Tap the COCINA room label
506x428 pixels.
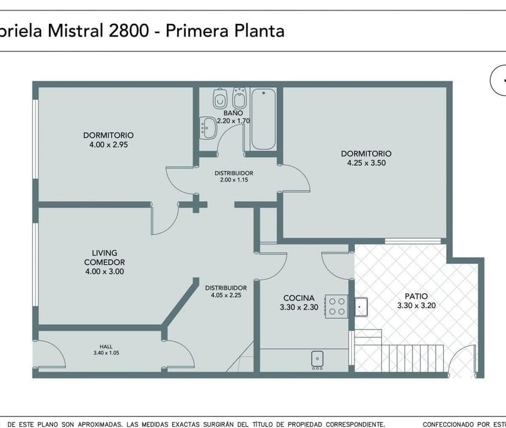pos(299,298)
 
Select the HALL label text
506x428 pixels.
pos(106,345)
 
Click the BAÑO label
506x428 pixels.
pos(233,113)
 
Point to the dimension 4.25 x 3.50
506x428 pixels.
pos(366,163)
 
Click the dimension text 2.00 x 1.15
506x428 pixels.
pos(233,180)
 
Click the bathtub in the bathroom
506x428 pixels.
pos(263,119)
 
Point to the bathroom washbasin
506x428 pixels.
pos(207,127)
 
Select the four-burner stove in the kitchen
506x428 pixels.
pos(336,305)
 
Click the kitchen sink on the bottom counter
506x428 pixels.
pos(317,358)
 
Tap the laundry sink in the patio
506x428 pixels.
pos(361,306)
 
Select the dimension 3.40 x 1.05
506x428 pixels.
pos(106,353)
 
